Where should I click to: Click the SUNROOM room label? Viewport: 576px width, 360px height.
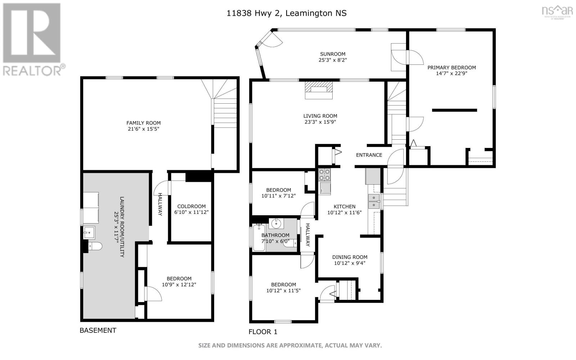tap(333, 54)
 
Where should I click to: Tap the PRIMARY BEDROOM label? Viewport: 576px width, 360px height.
tap(451, 68)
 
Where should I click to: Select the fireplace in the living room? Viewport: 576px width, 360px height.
tap(319, 90)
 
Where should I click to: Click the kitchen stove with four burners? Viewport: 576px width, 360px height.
tap(324, 175)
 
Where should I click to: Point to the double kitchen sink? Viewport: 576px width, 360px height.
tap(374, 201)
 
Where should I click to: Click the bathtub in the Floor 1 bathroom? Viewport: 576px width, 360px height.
tap(259, 238)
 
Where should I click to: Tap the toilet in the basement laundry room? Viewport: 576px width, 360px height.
tap(95, 246)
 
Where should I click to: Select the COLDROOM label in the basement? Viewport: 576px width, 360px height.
tap(191, 206)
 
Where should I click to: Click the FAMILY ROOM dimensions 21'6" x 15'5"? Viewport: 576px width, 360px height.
tap(144, 129)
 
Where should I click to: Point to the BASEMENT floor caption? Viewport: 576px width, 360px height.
tap(98, 330)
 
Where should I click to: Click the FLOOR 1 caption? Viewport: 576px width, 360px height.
tap(263, 332)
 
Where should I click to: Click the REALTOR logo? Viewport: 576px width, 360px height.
tap(33, 40)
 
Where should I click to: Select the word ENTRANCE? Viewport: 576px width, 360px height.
tap(369, 155)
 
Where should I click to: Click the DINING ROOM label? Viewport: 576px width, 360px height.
tap(350, 257)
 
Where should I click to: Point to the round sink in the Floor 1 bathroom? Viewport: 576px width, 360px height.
tap(276, 223)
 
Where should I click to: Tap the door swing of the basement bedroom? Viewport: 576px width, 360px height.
tap(153, 294)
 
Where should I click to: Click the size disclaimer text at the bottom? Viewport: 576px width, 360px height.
tap(290, 345)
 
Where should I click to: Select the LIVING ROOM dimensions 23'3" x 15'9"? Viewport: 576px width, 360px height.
tap(320, 122)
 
